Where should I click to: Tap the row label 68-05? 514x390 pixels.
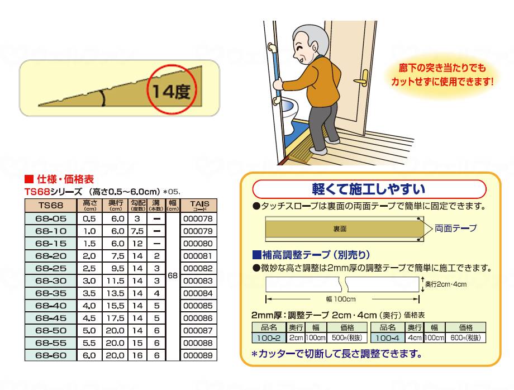point(51,218)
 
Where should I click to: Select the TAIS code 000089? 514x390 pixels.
point(198,355)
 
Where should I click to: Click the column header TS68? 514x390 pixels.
point(51,205)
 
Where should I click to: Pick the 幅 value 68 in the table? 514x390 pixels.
point(173,276)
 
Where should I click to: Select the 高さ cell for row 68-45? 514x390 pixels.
point(89,317)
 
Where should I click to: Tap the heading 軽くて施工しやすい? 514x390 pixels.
point(368,188)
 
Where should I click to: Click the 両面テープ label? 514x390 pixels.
point(455,228)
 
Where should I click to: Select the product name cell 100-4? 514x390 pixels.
point(387,338)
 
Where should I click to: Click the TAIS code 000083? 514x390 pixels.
point(198,280)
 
